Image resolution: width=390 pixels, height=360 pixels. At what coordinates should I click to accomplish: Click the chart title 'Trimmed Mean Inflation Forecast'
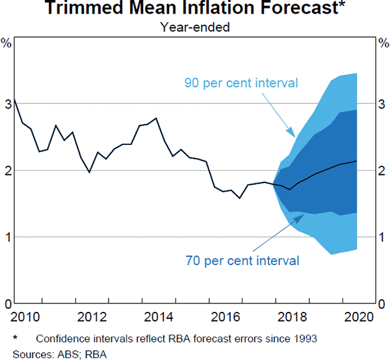[195, 10]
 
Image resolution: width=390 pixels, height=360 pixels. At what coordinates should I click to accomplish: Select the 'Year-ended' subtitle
[195, 27]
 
